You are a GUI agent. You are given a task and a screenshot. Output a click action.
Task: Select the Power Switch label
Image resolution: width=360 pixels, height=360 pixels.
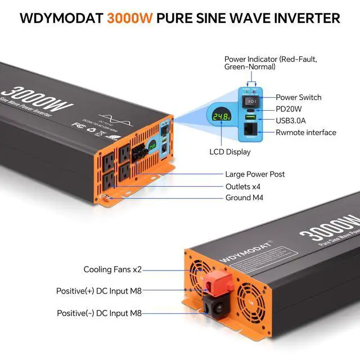(x=299, y=97)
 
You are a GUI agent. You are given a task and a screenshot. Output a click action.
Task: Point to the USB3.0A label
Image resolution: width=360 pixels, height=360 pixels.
(x=294, y=120)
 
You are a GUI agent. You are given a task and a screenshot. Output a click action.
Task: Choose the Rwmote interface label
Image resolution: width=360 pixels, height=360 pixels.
(x=306, y=133)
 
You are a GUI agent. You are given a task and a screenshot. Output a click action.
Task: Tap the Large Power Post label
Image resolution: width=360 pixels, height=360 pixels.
(x=255, y=174)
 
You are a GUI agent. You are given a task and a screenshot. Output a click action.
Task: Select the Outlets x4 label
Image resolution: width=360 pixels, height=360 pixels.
(x=242, y=186)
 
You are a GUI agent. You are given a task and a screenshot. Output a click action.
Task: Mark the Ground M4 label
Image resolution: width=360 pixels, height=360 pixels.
(x=244, y=197)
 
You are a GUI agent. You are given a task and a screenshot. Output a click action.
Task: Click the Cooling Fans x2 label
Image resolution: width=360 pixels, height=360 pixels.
(x=113, y=269)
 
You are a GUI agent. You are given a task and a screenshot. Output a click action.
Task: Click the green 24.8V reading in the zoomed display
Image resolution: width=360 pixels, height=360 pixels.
(x=219, y=117)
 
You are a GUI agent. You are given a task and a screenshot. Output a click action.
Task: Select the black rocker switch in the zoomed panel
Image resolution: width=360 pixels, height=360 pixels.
(x=251, y=102)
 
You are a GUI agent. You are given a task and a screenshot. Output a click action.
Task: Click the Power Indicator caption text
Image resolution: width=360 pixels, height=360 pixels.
(x=250, y=62)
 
